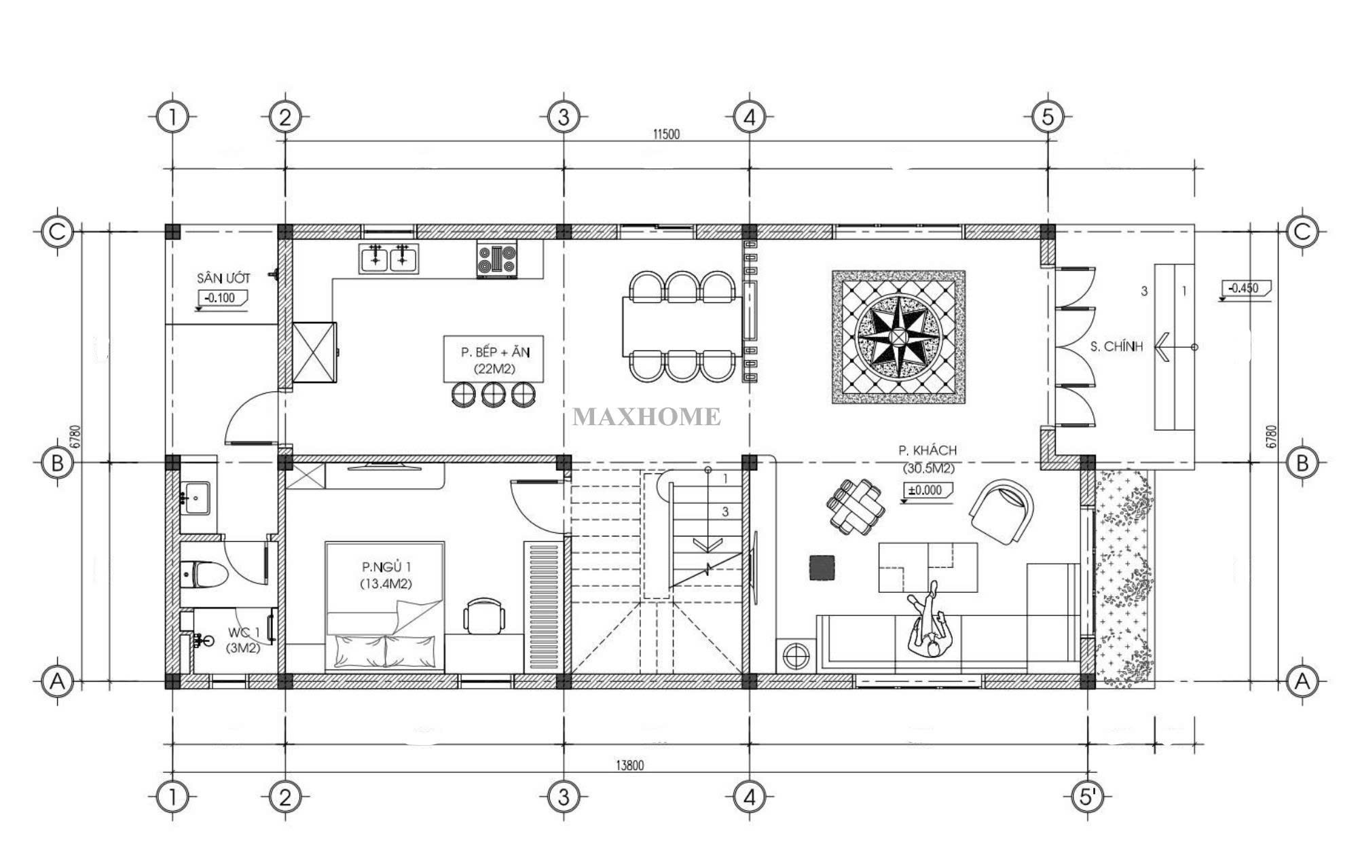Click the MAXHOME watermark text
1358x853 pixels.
coord(646,416)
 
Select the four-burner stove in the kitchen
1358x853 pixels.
coord(497,259)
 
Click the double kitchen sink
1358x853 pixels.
coord(388,258)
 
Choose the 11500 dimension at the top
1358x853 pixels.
coord(666,134)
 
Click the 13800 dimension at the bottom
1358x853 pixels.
coord(629,765)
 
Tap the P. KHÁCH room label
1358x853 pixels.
coord(928,450)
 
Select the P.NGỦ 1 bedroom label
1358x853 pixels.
coord(386,566)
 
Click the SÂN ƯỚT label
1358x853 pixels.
coord(223,278)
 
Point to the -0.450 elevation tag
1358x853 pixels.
coord(1245,289)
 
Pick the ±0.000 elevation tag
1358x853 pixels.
coord(926,490)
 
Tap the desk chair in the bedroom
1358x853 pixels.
coord(484,615)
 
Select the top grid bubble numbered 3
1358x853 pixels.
coord(564,117)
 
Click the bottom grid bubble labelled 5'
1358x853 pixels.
coord(1088,797)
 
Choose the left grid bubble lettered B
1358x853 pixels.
coord(57,463)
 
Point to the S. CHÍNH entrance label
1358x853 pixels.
coord(1116,346)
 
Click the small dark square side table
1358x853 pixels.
coord(822,568)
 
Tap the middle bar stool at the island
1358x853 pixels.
coord(493,394)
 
